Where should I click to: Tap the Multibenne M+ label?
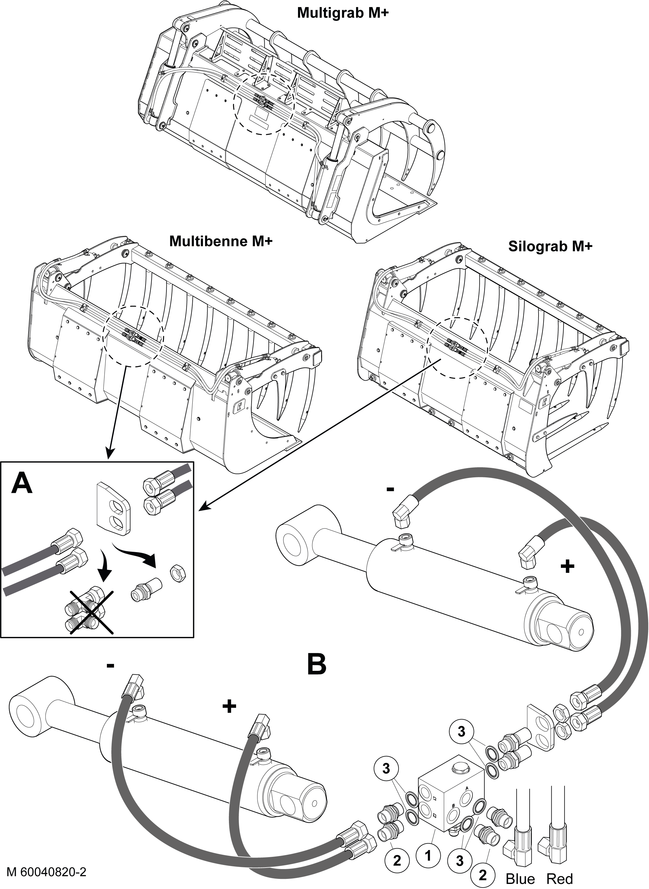click(x=221, y=241)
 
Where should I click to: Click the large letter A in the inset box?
click(x=22, y=483)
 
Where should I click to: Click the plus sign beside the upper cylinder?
click(x=567, y=566)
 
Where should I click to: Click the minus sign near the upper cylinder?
click(x=390, y=489)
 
